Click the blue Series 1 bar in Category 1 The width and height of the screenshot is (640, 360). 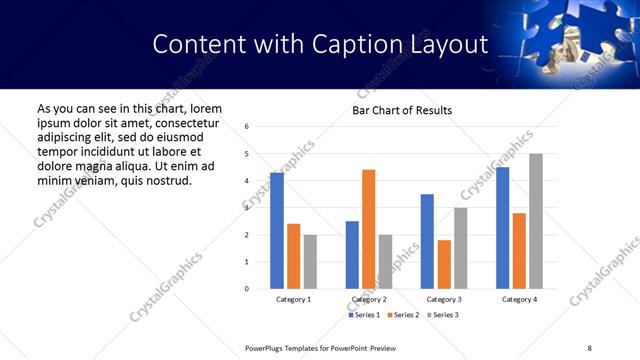click(277, 231)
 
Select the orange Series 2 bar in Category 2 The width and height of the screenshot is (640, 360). click(368, 229)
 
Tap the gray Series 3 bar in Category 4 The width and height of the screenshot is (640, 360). click(536, 221)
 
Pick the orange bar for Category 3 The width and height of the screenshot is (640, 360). click(444, 264)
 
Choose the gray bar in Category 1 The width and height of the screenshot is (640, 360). click(310, 262)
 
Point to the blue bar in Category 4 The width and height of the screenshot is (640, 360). click(502, 228)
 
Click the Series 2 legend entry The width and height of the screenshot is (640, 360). click(402, 315)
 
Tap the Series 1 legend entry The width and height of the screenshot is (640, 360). click(364, 315)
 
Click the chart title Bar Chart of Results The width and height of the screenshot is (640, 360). click(402, 110)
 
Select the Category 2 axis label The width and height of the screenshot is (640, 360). click(369, 299)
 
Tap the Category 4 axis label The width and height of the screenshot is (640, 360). click(519, 299)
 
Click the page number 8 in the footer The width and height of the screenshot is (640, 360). click(589, 347)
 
